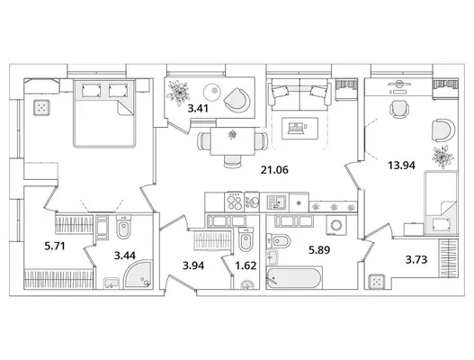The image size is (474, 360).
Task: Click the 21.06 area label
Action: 274,170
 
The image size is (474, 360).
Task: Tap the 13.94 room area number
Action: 401,166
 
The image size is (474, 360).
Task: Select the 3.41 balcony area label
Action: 198,108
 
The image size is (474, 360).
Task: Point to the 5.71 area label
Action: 55,247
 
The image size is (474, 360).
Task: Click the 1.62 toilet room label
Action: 246,265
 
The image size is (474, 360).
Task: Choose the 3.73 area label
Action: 416,259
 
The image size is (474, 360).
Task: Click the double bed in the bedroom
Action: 103,113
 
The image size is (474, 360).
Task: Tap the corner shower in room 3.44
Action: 138,275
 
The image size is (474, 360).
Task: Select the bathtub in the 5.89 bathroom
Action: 294,277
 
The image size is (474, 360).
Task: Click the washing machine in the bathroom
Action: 336,225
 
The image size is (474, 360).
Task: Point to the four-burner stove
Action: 234,202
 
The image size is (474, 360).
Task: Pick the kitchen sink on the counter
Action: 277,202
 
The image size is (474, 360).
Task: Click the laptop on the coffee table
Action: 296,128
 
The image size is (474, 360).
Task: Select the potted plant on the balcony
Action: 178,93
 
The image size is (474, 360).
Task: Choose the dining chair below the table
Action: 232,161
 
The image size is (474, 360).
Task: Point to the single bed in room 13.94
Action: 440,202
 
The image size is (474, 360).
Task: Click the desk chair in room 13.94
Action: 398,109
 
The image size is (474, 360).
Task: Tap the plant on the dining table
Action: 232,134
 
